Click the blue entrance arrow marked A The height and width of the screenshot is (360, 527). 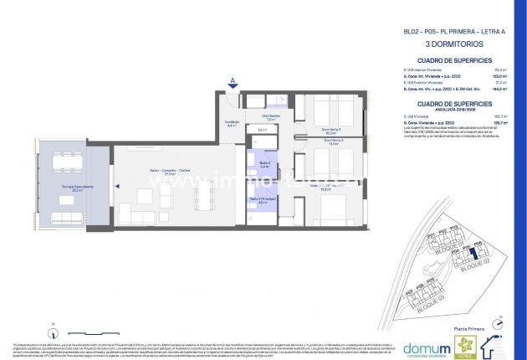(232, 82)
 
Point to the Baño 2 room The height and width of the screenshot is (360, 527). (264, 164)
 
